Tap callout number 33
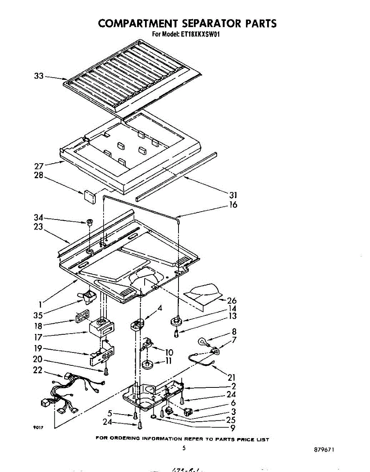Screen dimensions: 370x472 point(39,76)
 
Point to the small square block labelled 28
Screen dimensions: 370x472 point(90,196)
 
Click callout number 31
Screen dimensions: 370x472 point(234,195)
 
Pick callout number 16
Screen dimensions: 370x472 point(234,205)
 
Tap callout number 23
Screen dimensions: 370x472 point(39,227)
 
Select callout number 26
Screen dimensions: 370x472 point(232,301)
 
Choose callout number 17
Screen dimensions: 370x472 point(38,337)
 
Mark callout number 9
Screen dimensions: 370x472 point(233,428)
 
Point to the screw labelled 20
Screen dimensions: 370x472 point(106,371)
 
